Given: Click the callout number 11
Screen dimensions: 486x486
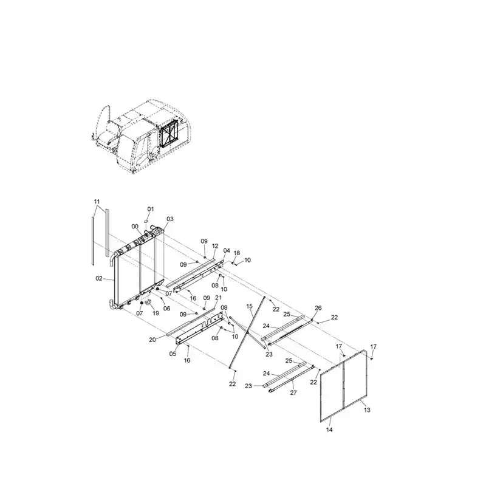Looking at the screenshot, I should (x=96, y=200).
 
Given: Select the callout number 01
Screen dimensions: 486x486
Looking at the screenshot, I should (x=150, y=209).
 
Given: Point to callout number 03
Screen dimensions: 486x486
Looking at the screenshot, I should (x=169, y=219).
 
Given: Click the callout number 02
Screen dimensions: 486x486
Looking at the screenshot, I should (x=98, y=279).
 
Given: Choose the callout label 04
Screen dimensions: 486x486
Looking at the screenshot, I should (x=227, y=250).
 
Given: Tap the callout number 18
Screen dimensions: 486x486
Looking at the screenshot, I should (x=237, y=253).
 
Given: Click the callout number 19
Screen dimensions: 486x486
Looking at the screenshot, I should (x=156, y=313).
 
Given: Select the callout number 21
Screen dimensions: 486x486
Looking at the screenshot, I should (x=218, y=297).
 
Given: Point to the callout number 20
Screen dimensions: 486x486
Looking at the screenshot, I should (x=152, y=340).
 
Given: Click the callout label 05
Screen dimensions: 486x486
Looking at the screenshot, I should (x=172, y=354).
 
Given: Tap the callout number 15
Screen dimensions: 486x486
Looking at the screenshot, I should (x=250, y=306).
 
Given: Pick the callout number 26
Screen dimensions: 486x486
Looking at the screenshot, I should (x=318, y=308).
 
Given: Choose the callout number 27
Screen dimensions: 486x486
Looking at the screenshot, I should (x=293, y=392).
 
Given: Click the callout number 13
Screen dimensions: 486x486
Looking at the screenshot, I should (x=367, y=410).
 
